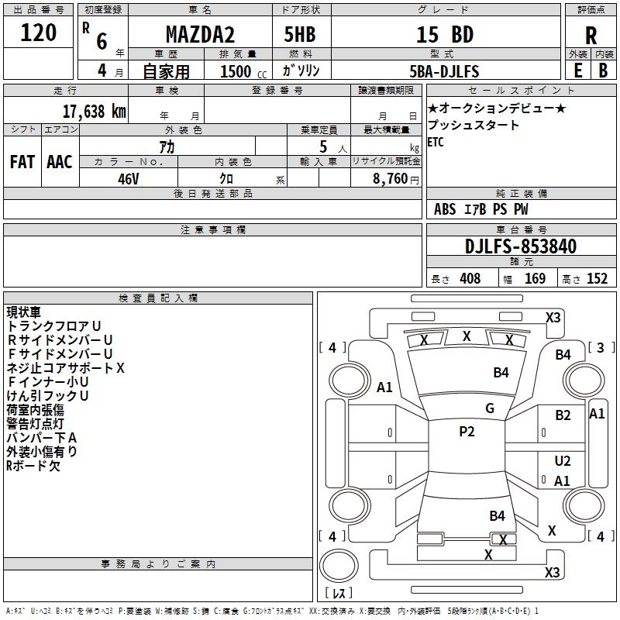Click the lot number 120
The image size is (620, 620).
pyautogui.click(x=38, y=33)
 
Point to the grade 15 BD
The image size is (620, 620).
pyautogui.click(x=445, y=35)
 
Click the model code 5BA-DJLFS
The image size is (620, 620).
pyautogui.click(x=444, y=71)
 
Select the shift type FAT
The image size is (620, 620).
pyautogui.click(x=22, y=162)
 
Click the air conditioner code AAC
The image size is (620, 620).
pyautogui.click(x=60, y=162)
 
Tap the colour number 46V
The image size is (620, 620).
pyautogui.click(x=129, y=178)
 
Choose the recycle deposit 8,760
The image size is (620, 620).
pyautogui.click(x=391, y=178)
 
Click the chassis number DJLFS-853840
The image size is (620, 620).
pyautogui.click(x=521, y=246)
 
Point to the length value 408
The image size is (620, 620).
pyautogui.click(x=470, y=279)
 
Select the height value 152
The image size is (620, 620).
pyautogui.click(x=597, y=279)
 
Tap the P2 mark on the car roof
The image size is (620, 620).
pyautogui.click(x=467, y=432)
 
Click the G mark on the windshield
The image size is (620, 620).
pyautogui.click(x=490, y=408)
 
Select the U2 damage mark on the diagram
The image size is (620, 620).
pyautogui.click(x=563, y=461)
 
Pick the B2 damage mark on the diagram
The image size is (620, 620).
pyautogui.click(x=563, y=415)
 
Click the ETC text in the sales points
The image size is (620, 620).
pyautogui.click(x=436, y=142)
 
